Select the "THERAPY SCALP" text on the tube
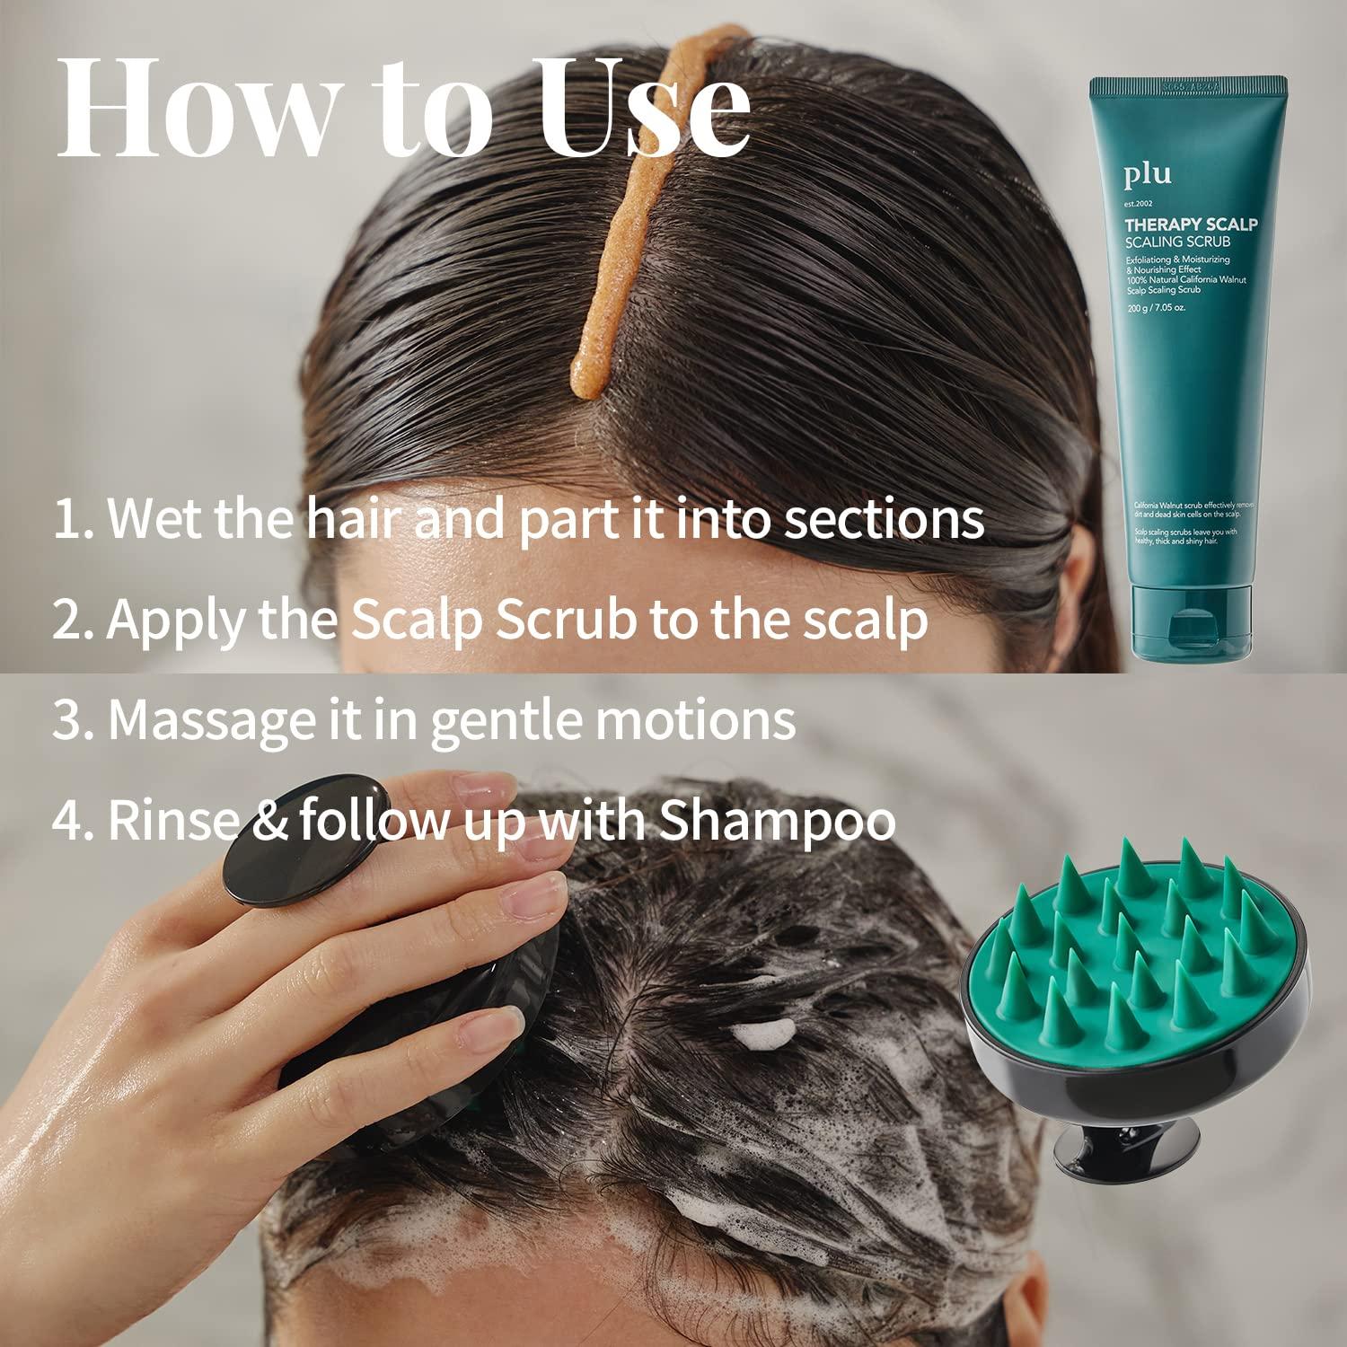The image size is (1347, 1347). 1192,224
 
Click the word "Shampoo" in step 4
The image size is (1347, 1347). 778,821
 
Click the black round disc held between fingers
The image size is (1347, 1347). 304,841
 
